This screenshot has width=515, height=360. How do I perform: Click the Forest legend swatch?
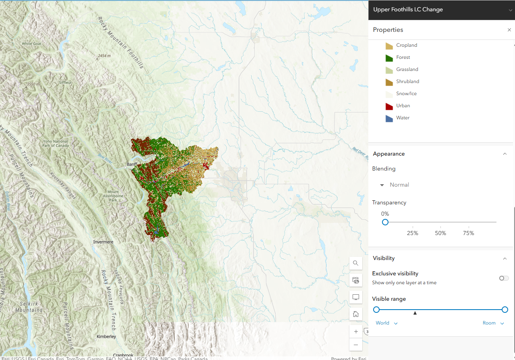pos(389,58)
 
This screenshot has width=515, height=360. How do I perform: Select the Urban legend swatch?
pos(389,106)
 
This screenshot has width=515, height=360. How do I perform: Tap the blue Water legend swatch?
pos(389,118)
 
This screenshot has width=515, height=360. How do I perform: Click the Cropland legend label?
pos(406,45)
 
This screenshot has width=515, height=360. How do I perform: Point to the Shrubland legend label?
pos(407,81)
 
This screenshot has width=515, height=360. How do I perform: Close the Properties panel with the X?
pos(509,30)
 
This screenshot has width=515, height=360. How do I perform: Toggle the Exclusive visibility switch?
pos(504,278)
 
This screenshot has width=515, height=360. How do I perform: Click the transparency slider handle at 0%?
pos(385,222)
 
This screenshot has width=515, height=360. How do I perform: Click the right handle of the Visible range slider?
pos(505,310)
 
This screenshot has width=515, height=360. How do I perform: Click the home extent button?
pos(356,314)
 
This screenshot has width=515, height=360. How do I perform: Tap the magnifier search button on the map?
pos(356,263)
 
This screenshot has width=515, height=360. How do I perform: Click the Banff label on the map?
pos(132,164)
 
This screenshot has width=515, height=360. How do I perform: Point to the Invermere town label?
pos(103,242)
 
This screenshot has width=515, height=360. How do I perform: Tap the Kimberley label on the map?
pos(106,336)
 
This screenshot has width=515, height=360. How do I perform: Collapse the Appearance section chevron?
pos(505,154)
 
